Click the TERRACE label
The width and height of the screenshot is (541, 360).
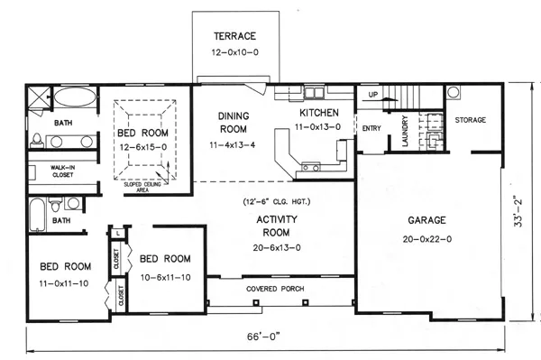234,36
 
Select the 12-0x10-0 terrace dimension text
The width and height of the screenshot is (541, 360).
234,52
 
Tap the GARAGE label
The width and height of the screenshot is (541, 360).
426,220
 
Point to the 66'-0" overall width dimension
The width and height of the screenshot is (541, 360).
263,337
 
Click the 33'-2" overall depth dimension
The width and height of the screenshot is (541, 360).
518,212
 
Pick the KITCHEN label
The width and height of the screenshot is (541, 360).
319,113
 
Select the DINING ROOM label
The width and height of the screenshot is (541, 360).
234,123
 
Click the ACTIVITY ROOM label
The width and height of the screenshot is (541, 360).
277,226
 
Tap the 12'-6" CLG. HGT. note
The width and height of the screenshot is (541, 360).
277,201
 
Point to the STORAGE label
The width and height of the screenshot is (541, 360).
471,120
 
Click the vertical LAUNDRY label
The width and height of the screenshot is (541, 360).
405,131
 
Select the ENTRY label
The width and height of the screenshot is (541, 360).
371,128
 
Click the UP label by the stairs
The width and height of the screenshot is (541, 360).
373,94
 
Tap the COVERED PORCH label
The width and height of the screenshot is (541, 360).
275,289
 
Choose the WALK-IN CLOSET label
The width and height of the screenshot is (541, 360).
63,171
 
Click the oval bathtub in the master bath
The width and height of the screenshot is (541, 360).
75,97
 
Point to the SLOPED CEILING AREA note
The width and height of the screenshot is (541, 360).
142,187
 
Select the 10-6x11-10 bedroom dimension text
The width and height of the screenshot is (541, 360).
166,278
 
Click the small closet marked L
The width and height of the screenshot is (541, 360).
118,234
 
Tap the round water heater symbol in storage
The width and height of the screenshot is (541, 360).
454,92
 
